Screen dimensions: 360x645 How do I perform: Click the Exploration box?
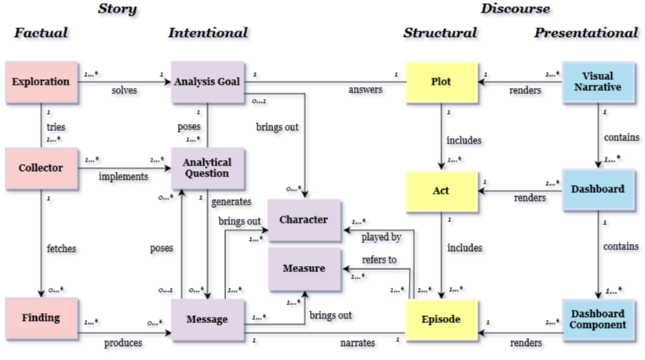point(41,81)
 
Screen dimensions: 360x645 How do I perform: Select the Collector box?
point(41,167)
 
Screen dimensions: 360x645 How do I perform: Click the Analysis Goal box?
point(208,81)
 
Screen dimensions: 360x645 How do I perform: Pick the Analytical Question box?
point(208,168)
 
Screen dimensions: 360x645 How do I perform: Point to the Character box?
point(304,219)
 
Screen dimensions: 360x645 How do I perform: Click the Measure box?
point(304,268)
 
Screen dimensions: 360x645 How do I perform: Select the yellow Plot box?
point(442,81)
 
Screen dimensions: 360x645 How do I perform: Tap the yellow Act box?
point(442,190)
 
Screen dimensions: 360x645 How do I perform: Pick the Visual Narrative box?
point(597,81)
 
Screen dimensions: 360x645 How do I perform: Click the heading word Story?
point(118,9)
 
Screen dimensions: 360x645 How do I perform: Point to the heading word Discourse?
point(516,9)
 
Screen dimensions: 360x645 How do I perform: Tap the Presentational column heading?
point(585,33)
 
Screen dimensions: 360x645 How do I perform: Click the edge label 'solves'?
point(124,90)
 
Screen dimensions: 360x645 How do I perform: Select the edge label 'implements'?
point(123,176)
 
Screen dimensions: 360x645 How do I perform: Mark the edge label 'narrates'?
point(357,343)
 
